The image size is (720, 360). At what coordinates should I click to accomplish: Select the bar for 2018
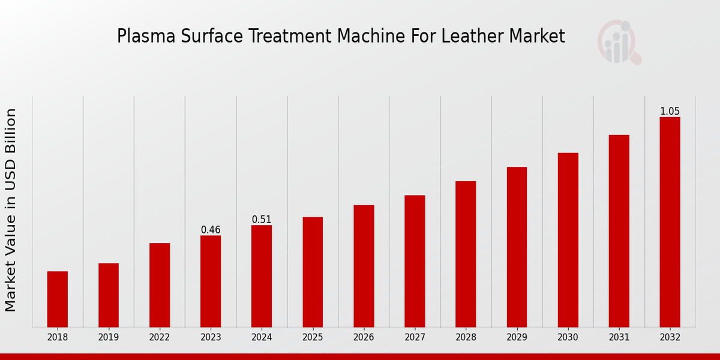58,299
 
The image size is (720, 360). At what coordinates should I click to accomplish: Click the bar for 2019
109,295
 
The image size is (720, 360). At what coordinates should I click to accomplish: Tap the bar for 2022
160,284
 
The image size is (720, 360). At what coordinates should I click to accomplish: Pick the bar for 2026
364,266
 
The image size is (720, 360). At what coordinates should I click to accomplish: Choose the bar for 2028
466,254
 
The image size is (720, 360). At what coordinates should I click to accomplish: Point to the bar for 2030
568,239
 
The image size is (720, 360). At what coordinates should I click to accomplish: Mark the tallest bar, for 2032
670,221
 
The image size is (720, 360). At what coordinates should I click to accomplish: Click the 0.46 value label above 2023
211,230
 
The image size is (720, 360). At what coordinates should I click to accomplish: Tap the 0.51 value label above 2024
262,220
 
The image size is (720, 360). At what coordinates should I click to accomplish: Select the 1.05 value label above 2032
670,112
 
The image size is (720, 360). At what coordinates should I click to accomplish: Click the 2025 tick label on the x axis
313,338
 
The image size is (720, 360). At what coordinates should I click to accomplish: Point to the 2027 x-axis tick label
415,338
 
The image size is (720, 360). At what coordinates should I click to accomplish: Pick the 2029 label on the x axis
517,338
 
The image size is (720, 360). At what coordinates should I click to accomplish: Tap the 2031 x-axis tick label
619,338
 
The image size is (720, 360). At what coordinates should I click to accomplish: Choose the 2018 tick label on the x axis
58,338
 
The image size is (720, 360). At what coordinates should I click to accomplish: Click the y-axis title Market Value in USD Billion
11,210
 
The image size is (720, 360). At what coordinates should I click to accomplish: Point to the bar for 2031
619,230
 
